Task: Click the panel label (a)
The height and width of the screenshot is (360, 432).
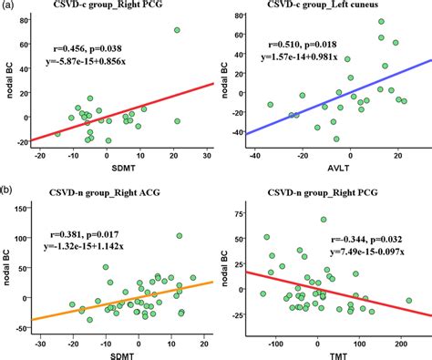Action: pos(8,7)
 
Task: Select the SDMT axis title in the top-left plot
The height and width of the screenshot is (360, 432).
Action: pos(117,168)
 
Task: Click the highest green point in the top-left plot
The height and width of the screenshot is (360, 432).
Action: pos(177,30)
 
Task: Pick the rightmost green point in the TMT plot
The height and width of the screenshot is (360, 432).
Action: pos(409,300)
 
